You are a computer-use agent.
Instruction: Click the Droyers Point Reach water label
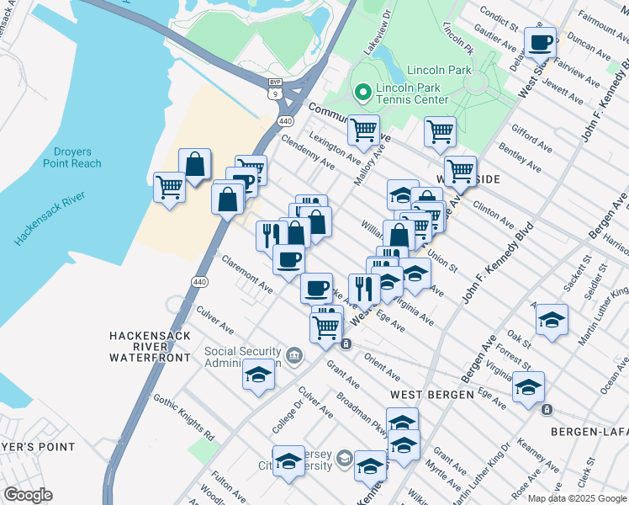(72, 157)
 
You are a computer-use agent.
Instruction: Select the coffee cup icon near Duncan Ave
(541, 41)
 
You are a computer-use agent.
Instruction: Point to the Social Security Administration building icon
(295, 354)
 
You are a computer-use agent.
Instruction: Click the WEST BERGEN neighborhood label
(423, 395)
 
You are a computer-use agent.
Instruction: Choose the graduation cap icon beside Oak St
(552, 320)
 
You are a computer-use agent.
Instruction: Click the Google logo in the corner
(28, 495)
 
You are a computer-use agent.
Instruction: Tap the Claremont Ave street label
(247, 274)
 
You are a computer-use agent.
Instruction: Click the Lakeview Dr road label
(377, 34)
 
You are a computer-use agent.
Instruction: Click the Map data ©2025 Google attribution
(576, 498)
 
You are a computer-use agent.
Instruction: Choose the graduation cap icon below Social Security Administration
(258, 375)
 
